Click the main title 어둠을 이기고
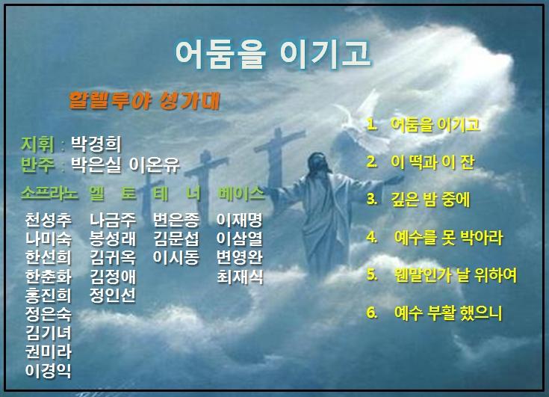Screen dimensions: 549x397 tap(273, 54)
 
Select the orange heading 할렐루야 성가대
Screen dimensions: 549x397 tap(144, 101)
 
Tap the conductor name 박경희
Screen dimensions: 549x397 tap(96, 144)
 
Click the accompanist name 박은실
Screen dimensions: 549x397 tap(96, 164)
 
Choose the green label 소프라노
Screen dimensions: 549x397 tap(49, 193)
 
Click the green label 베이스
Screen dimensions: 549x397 tap(241, 193)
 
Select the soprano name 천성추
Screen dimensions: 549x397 tap(49, 220)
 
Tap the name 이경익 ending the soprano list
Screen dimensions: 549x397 tap(49, 371)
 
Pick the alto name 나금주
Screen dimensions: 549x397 tap(113, 220)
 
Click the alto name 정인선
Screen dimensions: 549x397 tap(113, 295)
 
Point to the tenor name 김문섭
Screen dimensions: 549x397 tap(176, 238)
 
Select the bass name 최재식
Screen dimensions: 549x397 tap(240, 277)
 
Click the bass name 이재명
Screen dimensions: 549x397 tap(240, 220)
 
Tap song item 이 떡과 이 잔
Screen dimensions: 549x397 tap(432, 162)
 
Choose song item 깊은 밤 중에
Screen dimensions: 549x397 tap(430, 200)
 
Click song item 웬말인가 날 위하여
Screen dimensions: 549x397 tap(456, 275)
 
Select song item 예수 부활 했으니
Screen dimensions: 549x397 tap(448, 313)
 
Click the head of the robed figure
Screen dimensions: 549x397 tap(318, 161)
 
